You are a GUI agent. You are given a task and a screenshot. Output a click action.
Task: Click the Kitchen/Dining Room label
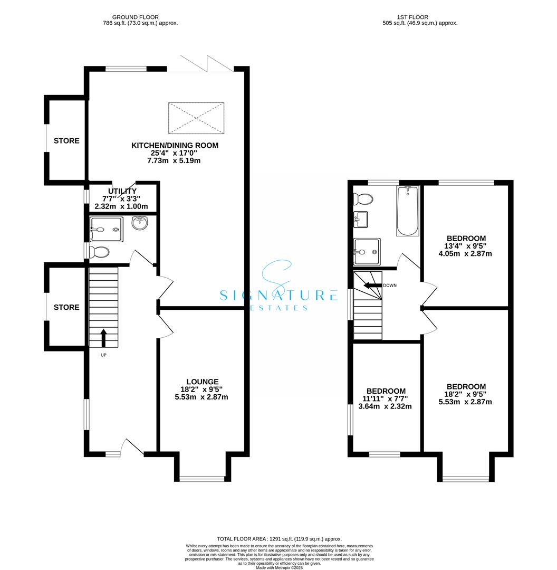(x=175, y=146)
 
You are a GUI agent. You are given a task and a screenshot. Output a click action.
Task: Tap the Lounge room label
(x=202, y=382)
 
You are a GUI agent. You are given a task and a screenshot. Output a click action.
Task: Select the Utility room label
(x=122, y=191)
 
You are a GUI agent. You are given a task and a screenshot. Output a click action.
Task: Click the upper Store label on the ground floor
(x=66, y=141)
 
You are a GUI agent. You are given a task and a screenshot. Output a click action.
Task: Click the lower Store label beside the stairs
(x=66, y=307)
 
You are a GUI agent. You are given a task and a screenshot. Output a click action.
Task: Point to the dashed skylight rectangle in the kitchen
(x=196, y=118)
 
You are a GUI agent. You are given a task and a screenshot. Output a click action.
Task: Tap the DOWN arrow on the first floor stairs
(x=372, y=285)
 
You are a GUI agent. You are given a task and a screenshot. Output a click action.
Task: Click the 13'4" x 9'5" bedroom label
(x=466, y=239)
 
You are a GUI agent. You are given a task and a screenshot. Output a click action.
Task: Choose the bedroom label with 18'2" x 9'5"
(x=466, y=387)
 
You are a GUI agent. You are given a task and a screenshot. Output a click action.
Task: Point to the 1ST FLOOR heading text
(x=420, y=17)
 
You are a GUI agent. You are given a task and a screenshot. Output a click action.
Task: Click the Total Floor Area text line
(x=278, y=538)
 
